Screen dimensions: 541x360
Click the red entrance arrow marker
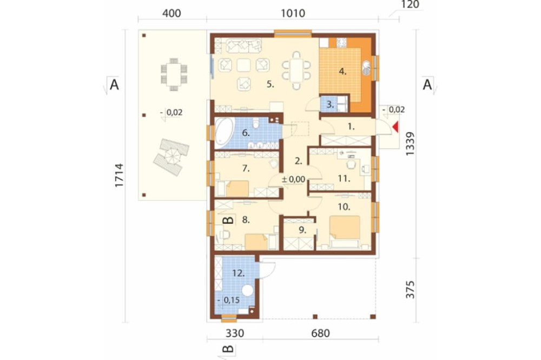coord(396,127)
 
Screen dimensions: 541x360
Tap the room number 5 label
coord(270,84)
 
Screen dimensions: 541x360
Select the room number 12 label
coord(239,274)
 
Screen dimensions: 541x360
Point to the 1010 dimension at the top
coord(293,13)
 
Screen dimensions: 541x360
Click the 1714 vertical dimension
coord(119,175)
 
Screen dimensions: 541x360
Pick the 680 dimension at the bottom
coord(320,333)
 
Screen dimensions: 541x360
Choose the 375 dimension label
coord(410,289)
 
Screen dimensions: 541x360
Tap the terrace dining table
coord(174,75)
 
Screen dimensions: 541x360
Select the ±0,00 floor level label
coord(294,179)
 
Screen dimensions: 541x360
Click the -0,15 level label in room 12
coord(228,300)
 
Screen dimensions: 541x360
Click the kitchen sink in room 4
coord(366,68)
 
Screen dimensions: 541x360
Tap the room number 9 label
coord(302,230)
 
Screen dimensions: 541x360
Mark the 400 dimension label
coord(171,14)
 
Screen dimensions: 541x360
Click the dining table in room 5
coord(296,70)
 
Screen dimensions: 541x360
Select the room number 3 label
coord(330,104)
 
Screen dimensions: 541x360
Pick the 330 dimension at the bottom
coord(235,333)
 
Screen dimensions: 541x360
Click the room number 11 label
coord(344,178)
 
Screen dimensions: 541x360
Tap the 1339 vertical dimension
coord(410,144)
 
